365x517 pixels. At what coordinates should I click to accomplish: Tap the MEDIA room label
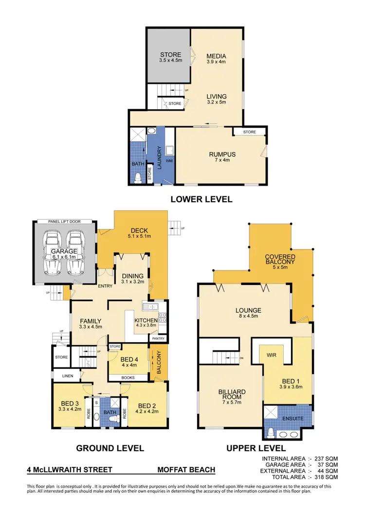pyautogui.click(x=216, y=56)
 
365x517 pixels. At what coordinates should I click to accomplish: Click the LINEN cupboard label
pyautogui.click(x=61, y=376)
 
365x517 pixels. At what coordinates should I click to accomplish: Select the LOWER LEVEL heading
pyautogui.click(x=201, y=199)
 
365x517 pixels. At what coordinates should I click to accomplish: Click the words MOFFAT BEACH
pyautogui.click(x=186, y=470)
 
